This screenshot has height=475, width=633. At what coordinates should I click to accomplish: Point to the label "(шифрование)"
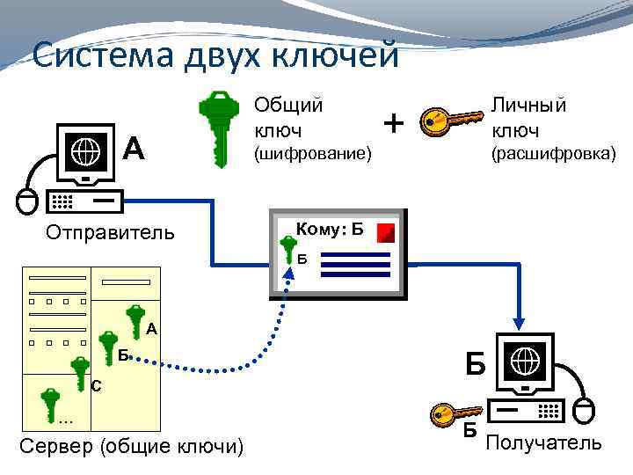point(313,156)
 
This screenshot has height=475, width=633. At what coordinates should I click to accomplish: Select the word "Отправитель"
point(110,233)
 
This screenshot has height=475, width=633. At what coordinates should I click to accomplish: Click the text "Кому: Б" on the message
point(331,230)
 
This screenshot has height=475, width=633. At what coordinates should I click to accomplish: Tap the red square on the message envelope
point(386,232)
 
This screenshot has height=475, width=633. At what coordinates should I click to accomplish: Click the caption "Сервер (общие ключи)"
point(131,446)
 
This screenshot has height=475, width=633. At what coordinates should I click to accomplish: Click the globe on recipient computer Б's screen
point(525,361)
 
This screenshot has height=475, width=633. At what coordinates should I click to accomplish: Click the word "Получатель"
point(544,442)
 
